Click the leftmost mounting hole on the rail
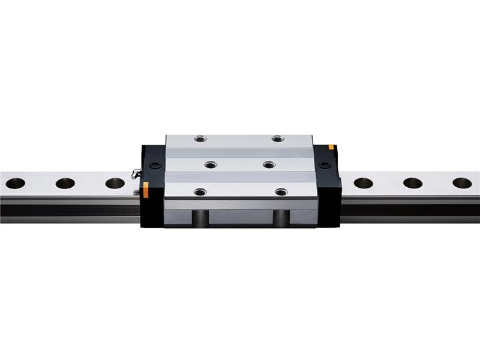click(15, 183)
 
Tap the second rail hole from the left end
click(65, 183)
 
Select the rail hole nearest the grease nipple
click(115, 183)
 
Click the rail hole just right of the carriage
click(363, 183)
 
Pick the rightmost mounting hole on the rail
click(462, 183)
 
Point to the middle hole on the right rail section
click(413, 183)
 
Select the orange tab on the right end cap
click(331, 147)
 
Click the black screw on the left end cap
click(155, 166)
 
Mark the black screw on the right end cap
click(325, 166)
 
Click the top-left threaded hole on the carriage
click(200, 139)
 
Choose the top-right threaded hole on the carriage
click(277, 139)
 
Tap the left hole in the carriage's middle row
click(210, 164)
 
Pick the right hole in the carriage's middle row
click(269, 164)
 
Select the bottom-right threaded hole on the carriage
click(281, 192)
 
